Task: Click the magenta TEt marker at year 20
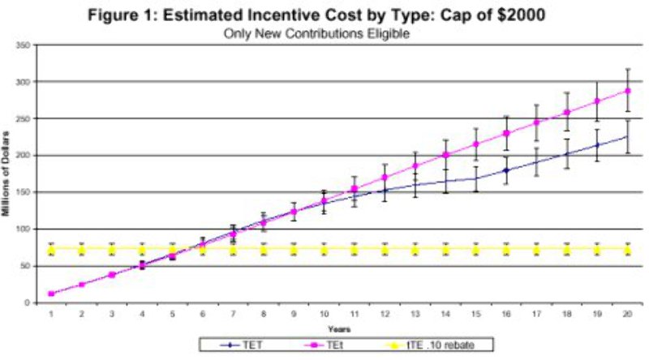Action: (x=627, y=90)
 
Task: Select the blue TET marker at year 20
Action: (x=627, y=137)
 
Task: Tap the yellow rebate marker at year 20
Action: (x=627, y=248)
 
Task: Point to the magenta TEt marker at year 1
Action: (x=51, y=294)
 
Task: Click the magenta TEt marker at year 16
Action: (x=505, y=133)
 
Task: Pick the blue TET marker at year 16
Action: (x=505, y=170)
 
